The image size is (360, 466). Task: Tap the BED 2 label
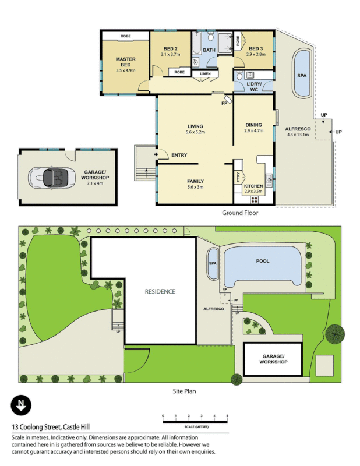[x=170, y=48]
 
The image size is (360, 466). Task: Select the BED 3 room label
[x=256, y=48]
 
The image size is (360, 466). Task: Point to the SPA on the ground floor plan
[x=302, y=76]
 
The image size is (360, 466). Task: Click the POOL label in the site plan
[x=263, y=261]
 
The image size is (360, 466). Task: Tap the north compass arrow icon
[x=22, y=405]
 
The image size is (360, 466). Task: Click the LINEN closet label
[x=204, y=73]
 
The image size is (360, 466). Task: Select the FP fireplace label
[x=224, y=103]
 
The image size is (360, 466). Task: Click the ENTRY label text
[x=179, y=155]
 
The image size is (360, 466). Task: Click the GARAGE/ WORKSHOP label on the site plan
[x=273, y=359]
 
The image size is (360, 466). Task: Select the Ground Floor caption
[x=240, y=213]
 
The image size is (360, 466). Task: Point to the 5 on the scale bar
[x=227, y=415]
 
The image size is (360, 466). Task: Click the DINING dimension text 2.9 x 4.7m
[x=253, y=132]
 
